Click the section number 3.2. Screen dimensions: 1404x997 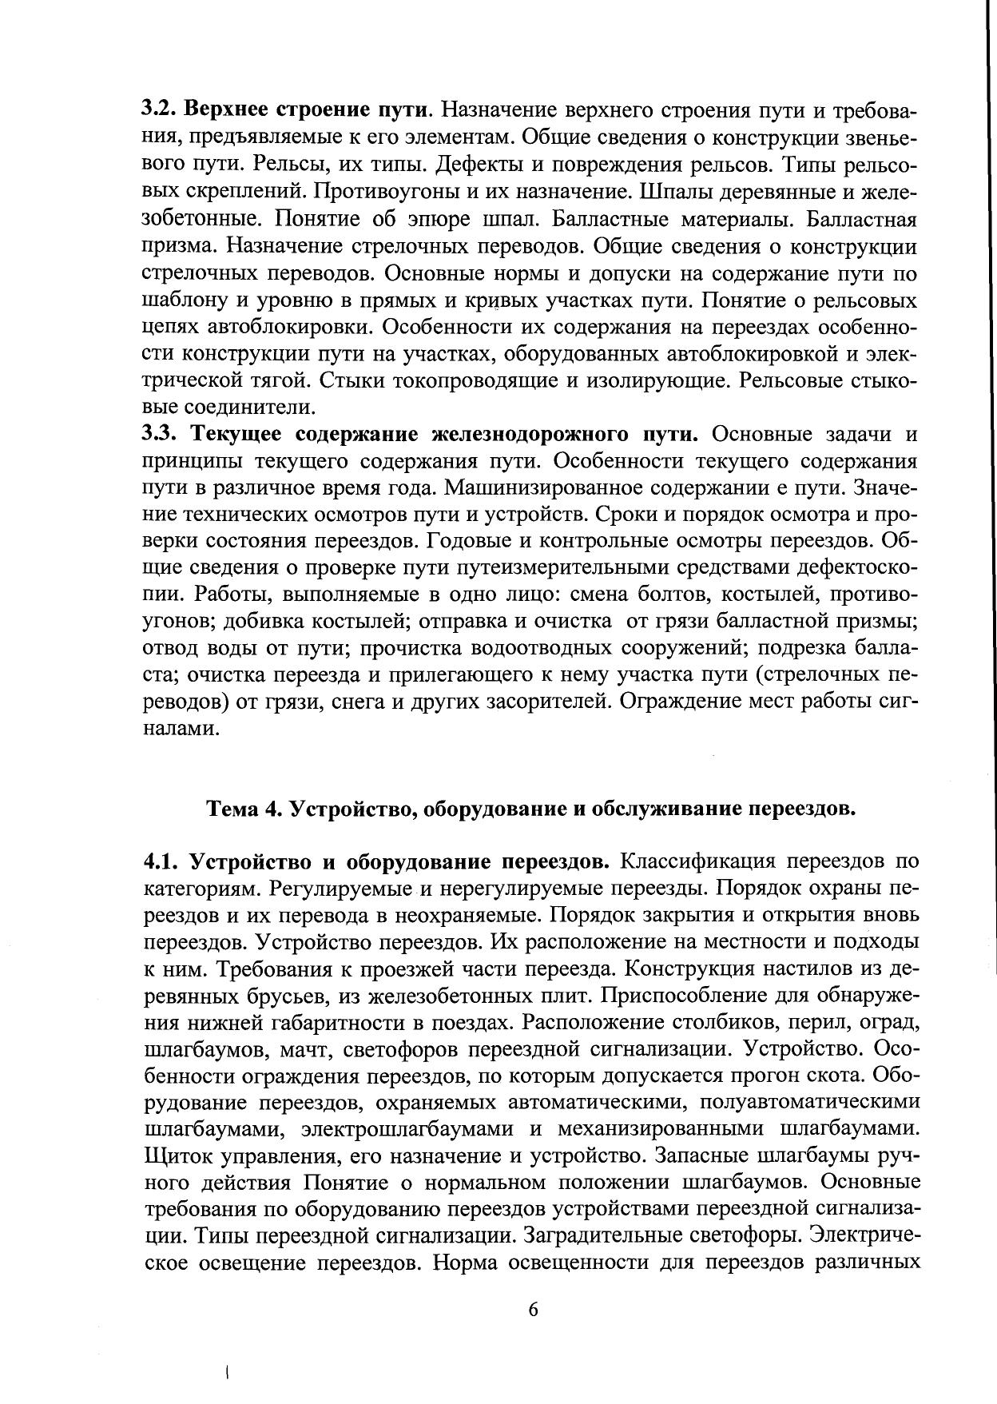[161, 109]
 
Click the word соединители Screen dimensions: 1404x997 [228, 408]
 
